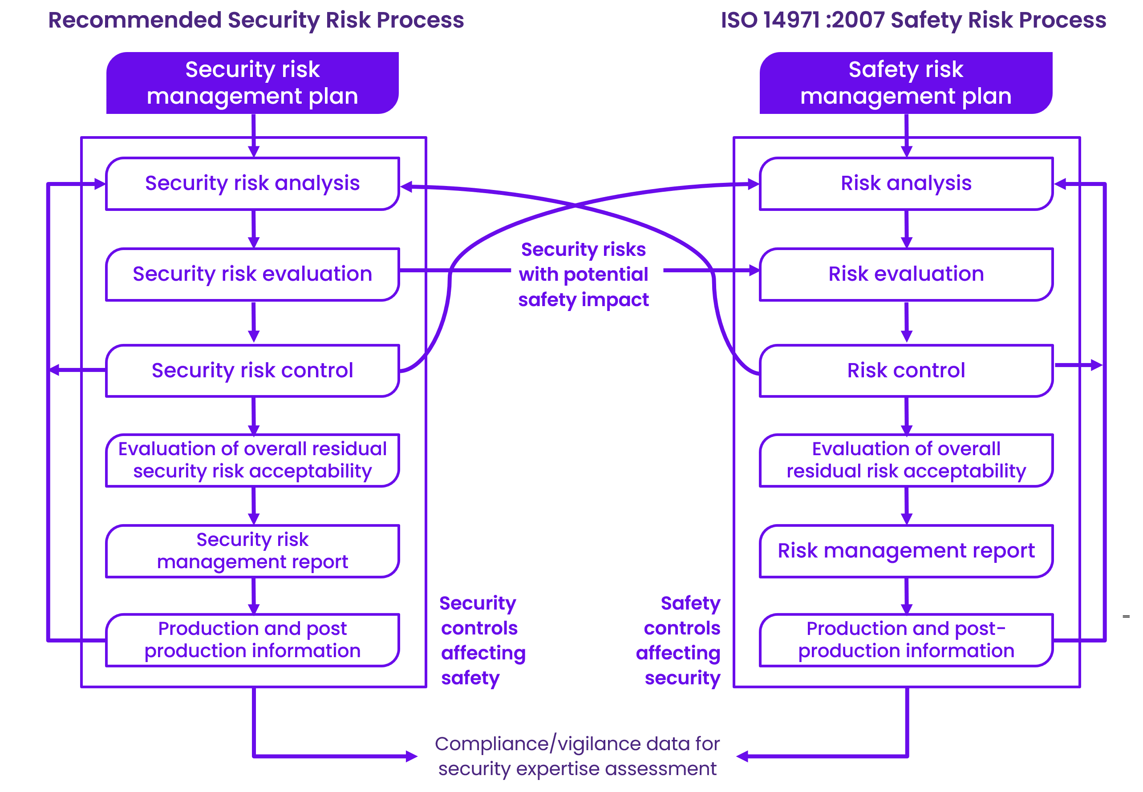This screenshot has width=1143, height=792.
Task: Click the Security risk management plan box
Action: pos(252,83)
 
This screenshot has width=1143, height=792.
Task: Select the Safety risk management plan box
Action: pos(906,83)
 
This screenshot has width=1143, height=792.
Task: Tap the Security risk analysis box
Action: pos(252,184)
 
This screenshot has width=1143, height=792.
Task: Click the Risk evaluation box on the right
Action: pos(906,275)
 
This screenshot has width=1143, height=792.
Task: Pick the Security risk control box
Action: pos(252,371)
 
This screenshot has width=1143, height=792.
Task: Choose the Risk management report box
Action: pos(906,551)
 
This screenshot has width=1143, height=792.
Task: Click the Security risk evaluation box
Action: pos(252,275)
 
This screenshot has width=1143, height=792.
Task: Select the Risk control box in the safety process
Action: pos(906,371)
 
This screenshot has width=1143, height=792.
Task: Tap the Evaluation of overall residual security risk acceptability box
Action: pos(252,460)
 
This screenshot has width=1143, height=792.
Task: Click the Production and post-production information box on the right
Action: pos(906,640)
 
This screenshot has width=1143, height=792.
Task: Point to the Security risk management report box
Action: pos(252,551)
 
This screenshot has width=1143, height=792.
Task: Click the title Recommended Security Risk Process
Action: pos(255,20)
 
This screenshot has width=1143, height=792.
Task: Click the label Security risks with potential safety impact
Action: pos(583,275)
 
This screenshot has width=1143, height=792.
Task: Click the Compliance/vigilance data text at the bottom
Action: pos(577,756)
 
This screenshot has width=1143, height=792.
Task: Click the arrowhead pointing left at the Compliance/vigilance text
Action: pos(742,756)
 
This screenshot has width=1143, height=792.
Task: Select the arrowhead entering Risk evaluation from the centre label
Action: pos(754,271)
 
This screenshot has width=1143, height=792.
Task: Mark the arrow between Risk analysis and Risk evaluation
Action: pos(906,230)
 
